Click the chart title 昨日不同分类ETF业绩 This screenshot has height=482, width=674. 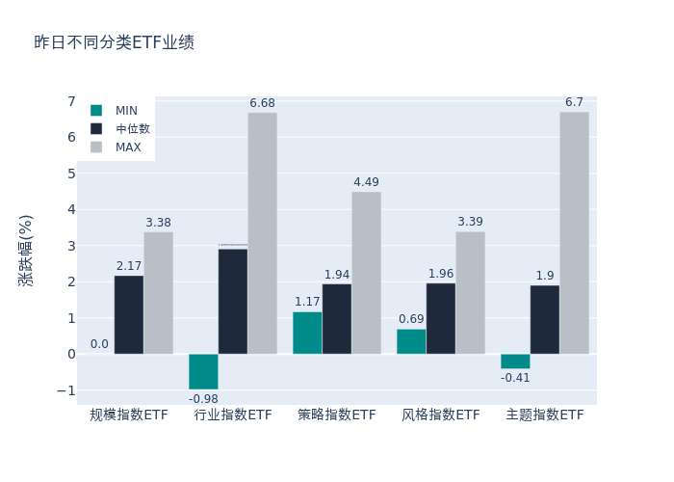[114, 42]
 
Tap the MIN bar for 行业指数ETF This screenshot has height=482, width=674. [203, 371]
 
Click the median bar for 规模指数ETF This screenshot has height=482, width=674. [129, 314]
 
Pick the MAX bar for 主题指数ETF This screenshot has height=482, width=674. [574, 232]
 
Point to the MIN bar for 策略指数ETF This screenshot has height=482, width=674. [307, 333]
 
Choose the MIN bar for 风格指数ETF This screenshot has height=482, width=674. [411, 341]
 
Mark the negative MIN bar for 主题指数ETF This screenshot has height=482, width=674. [515, 361]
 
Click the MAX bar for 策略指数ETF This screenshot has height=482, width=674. [366, 273]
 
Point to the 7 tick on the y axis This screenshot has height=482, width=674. [71, 101]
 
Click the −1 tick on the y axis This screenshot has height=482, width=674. [66, 390]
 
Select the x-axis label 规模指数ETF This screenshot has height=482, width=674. [129, 415]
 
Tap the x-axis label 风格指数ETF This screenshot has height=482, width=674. [441, 415]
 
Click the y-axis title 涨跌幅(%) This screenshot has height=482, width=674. [26, 251]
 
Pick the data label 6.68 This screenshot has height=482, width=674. [263, 103]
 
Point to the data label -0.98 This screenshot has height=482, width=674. [203, 399]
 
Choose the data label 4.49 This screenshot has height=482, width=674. [366, 182]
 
